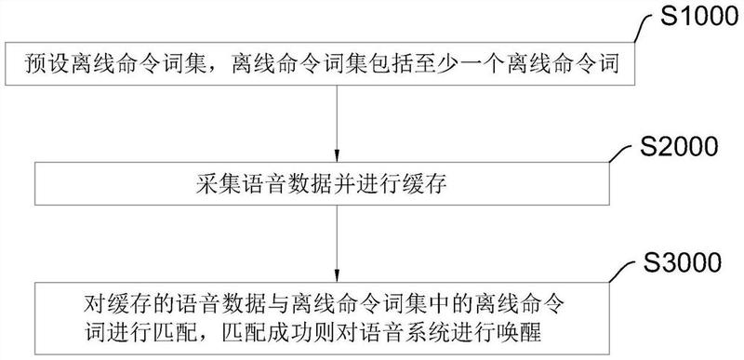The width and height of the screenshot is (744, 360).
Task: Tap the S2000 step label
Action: (673, 147)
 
